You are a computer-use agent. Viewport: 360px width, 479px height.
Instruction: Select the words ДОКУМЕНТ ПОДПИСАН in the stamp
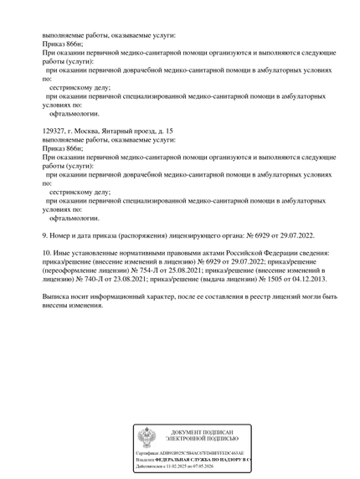[x=202, y=431]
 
